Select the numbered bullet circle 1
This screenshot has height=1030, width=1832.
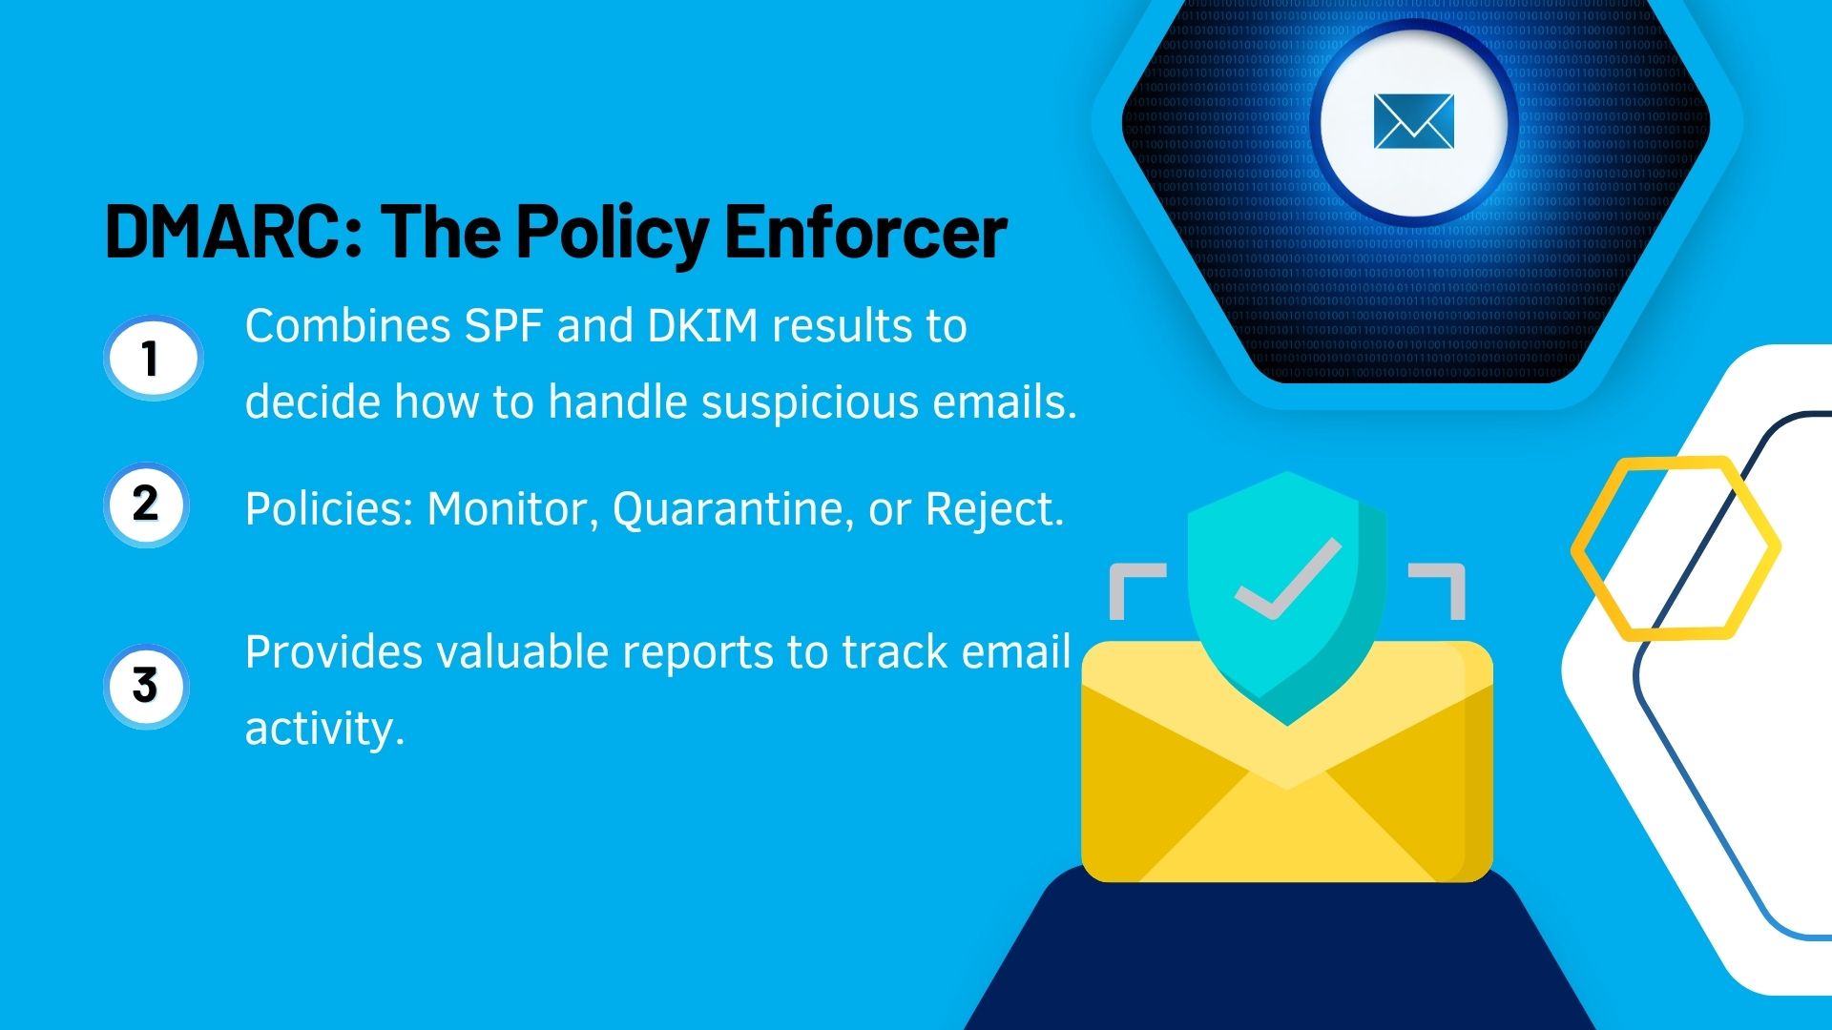(x=152, y=359)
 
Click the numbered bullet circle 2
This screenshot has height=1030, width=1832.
(x=146, y=504)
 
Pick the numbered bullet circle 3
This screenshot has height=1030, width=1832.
(x=146, y=686)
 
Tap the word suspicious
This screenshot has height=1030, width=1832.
(x=810, y=402)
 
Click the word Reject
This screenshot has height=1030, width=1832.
(x=993, y=509)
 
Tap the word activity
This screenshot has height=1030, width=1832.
(x=324, y=730)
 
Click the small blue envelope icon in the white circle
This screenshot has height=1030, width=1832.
(x=1413, y=122)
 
